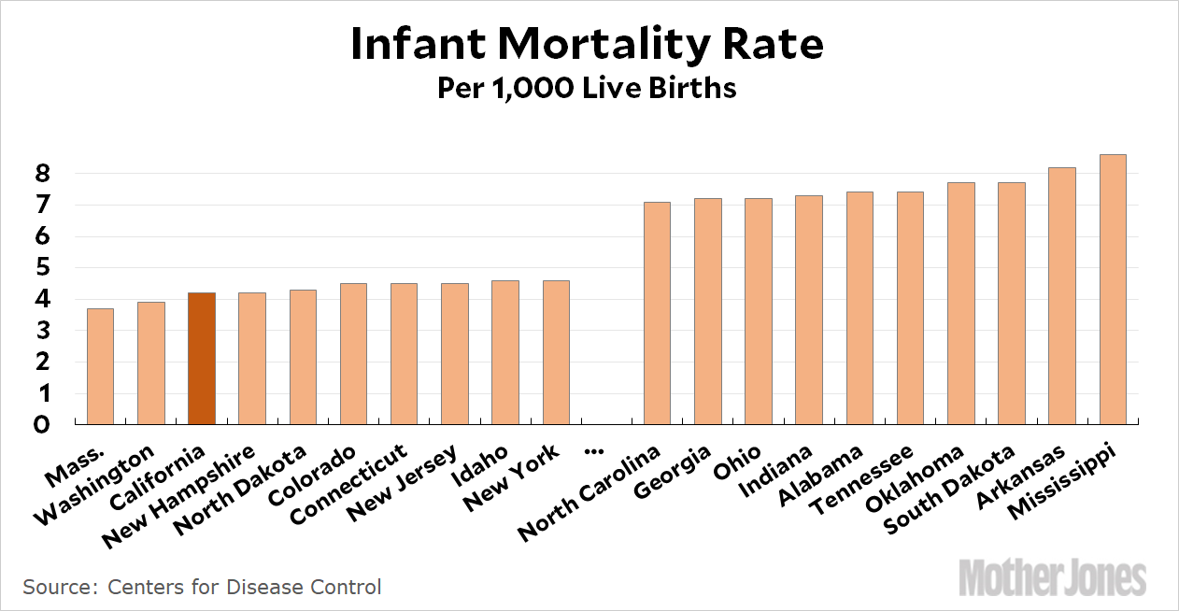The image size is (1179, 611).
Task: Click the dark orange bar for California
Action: (202, 359)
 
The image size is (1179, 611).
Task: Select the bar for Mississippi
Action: (1113, 290)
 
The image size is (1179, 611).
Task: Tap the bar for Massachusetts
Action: (100, 366)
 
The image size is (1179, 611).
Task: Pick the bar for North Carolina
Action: (657, 313)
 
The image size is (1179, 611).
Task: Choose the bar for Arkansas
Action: (1062, 296)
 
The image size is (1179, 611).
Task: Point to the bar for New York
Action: (556, 352)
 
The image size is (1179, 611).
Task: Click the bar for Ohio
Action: (758, 311)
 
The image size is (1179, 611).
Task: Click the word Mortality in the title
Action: (592, 45)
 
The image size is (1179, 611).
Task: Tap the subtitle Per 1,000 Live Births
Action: (588, 89)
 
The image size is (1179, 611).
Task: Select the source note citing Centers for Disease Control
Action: (203, 588)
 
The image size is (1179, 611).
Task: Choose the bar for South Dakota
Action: (1012, 304)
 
